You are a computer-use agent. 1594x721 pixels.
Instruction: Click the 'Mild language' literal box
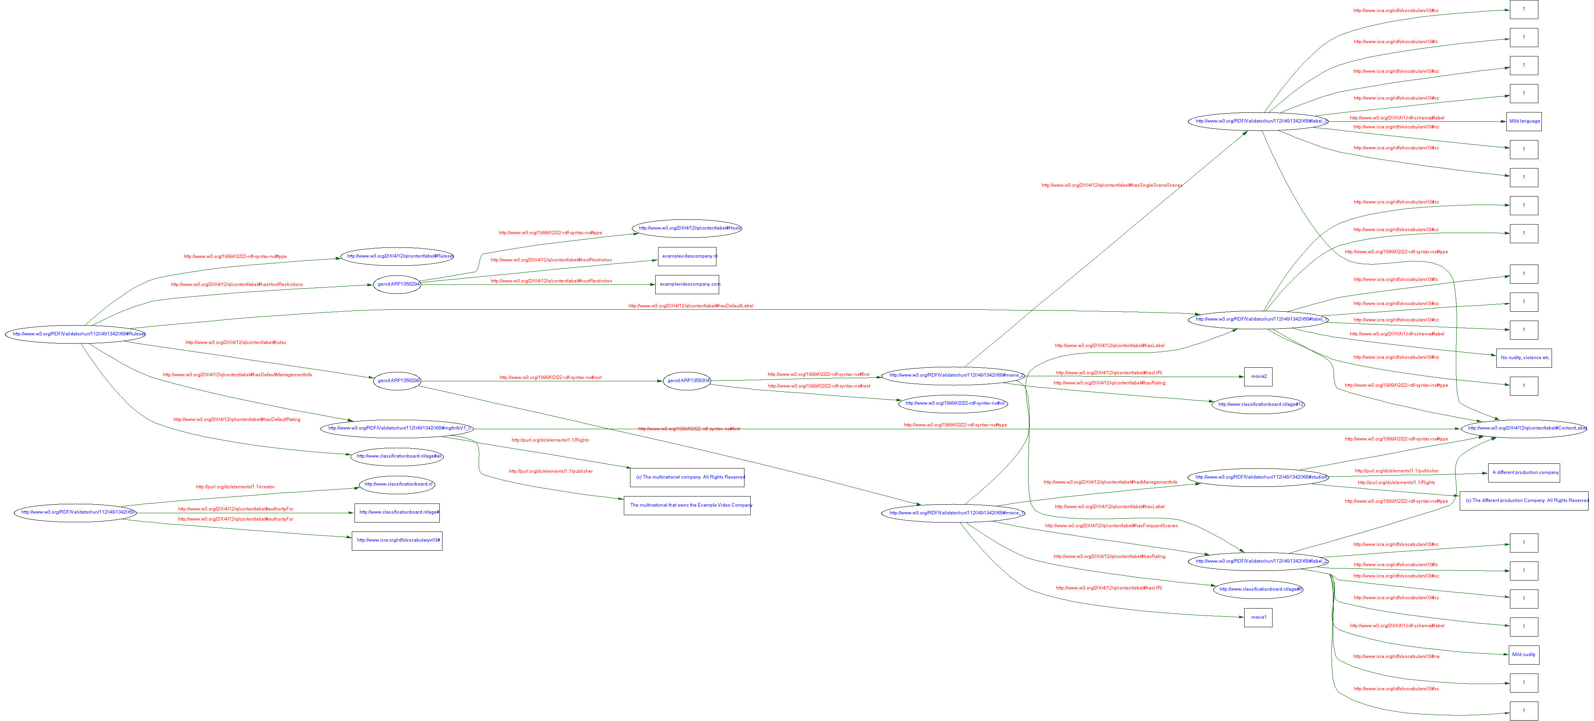(1524, 121)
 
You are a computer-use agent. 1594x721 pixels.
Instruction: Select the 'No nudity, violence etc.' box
(1524, 358)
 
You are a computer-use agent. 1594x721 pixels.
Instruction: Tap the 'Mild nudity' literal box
(1524, 654)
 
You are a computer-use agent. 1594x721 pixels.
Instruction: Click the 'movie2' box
(1258, 376)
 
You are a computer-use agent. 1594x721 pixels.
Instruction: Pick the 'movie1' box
(1258, 617)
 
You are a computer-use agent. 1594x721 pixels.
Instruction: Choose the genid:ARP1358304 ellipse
(687, 381)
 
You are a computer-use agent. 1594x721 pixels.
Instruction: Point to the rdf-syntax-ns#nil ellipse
(953, 403)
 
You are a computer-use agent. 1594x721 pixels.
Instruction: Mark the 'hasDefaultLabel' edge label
(691, 306)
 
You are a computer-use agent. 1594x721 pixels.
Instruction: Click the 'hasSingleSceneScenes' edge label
(1111, 185)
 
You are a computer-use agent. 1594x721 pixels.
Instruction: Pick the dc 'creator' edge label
(235, 486)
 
